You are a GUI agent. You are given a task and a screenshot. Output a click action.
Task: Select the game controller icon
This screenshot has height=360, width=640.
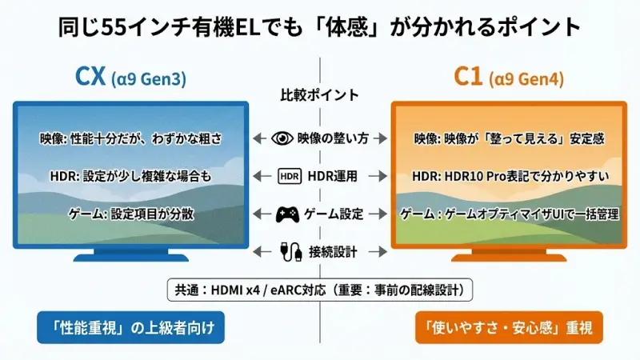[x=287, y=214]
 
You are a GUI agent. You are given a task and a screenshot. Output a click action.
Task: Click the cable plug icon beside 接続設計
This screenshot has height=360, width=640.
[x=287, y=251]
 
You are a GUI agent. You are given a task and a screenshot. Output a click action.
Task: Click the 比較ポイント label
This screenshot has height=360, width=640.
[x=319, y=94]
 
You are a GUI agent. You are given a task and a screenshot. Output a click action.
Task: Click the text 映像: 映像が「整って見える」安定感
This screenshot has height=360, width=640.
[x=509, y=138]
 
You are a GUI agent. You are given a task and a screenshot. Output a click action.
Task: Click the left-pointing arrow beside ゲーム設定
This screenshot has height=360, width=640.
[x=258, y=214]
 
